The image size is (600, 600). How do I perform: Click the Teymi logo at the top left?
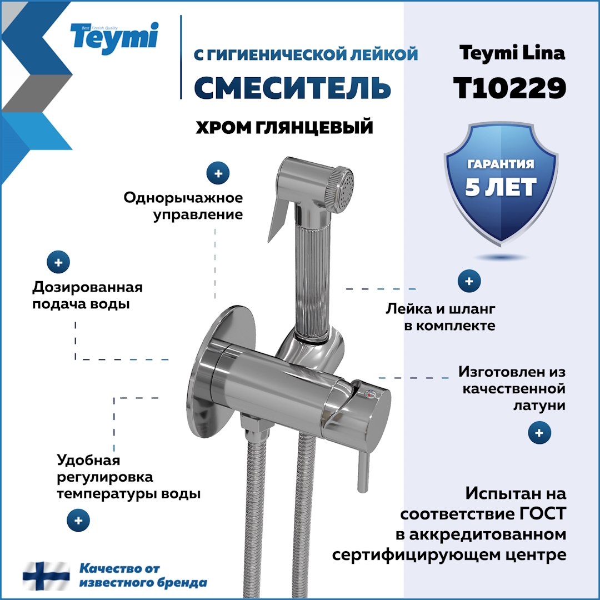(114, 37)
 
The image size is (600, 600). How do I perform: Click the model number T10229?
(509, 87)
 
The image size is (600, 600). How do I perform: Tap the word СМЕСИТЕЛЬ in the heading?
(293, 87)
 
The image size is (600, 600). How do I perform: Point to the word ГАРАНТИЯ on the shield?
(501, 164)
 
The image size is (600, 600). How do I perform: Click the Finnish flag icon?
(47, 576)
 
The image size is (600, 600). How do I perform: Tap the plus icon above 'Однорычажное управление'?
(218, 173)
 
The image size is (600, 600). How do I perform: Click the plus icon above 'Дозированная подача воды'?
(59, 261)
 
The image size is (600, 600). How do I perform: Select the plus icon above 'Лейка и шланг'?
(469, 282)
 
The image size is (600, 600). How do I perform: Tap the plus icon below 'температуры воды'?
(78, 521)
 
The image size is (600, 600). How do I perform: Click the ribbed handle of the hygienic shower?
(312, 278)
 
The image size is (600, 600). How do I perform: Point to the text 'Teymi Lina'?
(512, 53)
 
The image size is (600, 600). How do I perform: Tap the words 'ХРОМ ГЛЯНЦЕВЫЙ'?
(284, 128)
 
